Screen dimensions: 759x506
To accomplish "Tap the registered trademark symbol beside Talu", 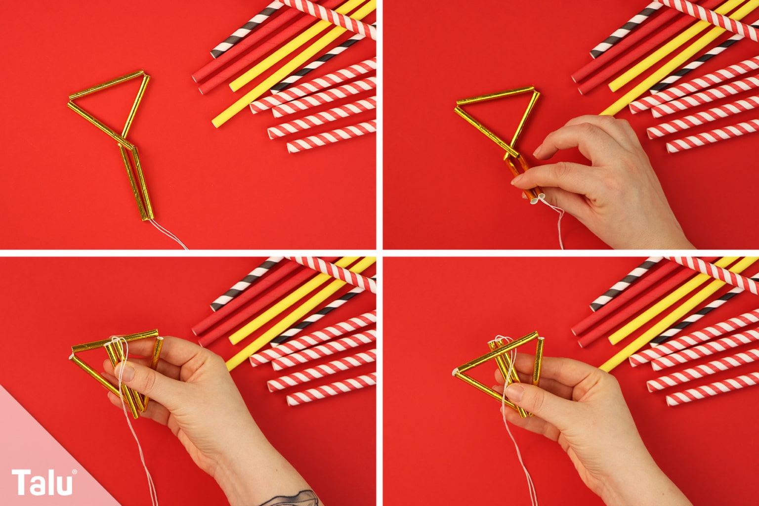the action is pyautogui.click(x=74, y=472).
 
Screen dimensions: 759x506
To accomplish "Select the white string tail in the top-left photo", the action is pyautogui.click(x=169, y=234).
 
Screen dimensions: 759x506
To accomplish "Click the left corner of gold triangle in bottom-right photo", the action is pyautogui.click(x=455, y=373).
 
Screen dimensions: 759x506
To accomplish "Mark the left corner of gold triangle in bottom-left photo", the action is pyautogui.click(x=72, y=356).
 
